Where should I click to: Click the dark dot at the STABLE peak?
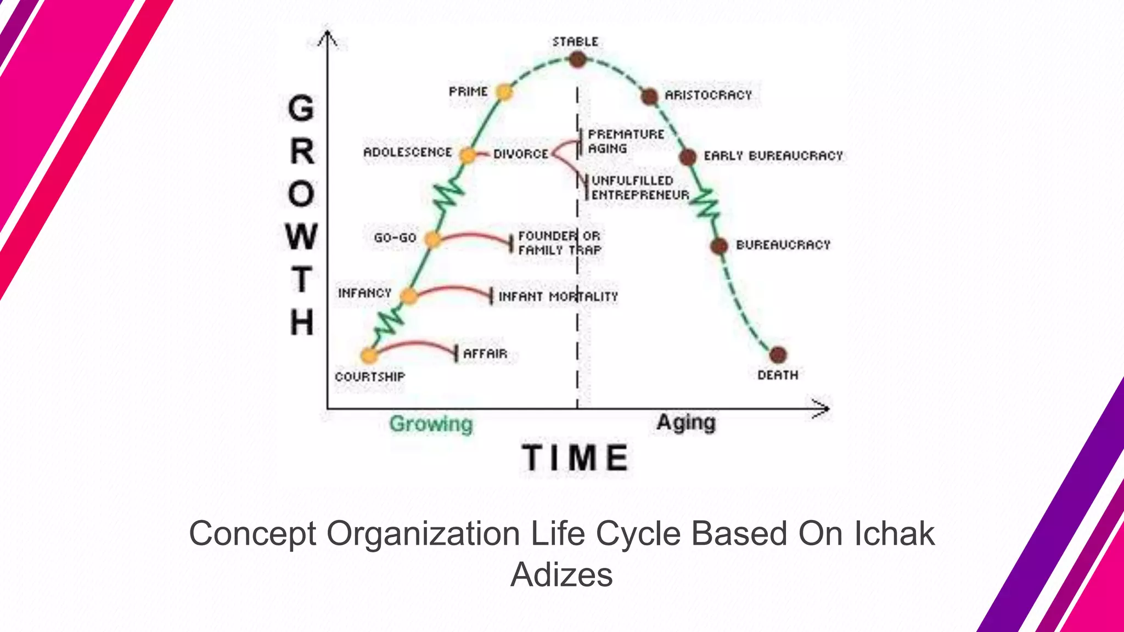[577, 59]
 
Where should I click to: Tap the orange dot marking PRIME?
[504, 92]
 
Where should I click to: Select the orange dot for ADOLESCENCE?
[467, 156]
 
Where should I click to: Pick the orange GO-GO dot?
[432, 240]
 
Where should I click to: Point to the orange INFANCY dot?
[408, 296]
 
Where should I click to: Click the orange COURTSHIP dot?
[369, 356]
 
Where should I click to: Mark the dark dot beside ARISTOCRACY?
[649, 97]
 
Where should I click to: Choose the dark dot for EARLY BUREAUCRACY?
[688, 157]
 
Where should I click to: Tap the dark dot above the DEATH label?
[778, 355]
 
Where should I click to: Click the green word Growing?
[431, 424]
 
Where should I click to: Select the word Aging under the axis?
[686, 422]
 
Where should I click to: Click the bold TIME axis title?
[575, 458]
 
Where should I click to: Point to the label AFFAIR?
[485, 354]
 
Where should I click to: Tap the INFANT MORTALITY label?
[558, 297]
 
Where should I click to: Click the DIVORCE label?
[520, 154]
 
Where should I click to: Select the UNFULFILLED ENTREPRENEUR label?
[639, 188]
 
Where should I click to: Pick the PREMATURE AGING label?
[625, 142]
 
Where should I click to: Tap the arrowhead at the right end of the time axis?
[823, 409]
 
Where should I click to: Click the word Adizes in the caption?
[561, 575]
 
